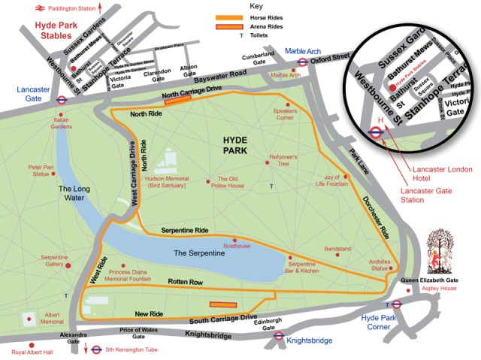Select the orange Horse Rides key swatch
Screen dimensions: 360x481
[228, 17]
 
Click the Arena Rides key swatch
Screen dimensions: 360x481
[228, 26]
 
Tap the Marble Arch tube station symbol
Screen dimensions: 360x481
[301, 63]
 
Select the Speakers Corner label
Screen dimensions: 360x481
[283, 113]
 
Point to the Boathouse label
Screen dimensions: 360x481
[237, 246]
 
